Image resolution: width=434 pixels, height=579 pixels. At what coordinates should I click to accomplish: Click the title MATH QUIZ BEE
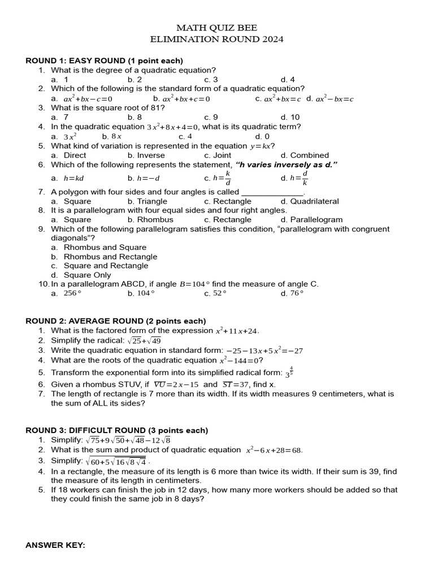[x=216, y=28]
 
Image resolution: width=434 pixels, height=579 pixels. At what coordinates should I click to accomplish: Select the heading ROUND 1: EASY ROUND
[x=105, y=61]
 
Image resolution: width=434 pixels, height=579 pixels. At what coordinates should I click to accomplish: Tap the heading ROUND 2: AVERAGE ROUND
[x=116, y=321]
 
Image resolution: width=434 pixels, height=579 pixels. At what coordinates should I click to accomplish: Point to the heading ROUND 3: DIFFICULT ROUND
[x=117, y=431]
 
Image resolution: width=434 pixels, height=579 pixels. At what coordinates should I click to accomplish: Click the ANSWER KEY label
[x=55, y=545]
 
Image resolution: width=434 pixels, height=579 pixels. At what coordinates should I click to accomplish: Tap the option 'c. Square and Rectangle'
[x=99, y=266]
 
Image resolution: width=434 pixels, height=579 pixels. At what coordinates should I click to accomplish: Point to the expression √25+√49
[x=145, y=340]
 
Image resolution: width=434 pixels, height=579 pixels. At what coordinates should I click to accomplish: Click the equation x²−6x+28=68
[x=274, y=451]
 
